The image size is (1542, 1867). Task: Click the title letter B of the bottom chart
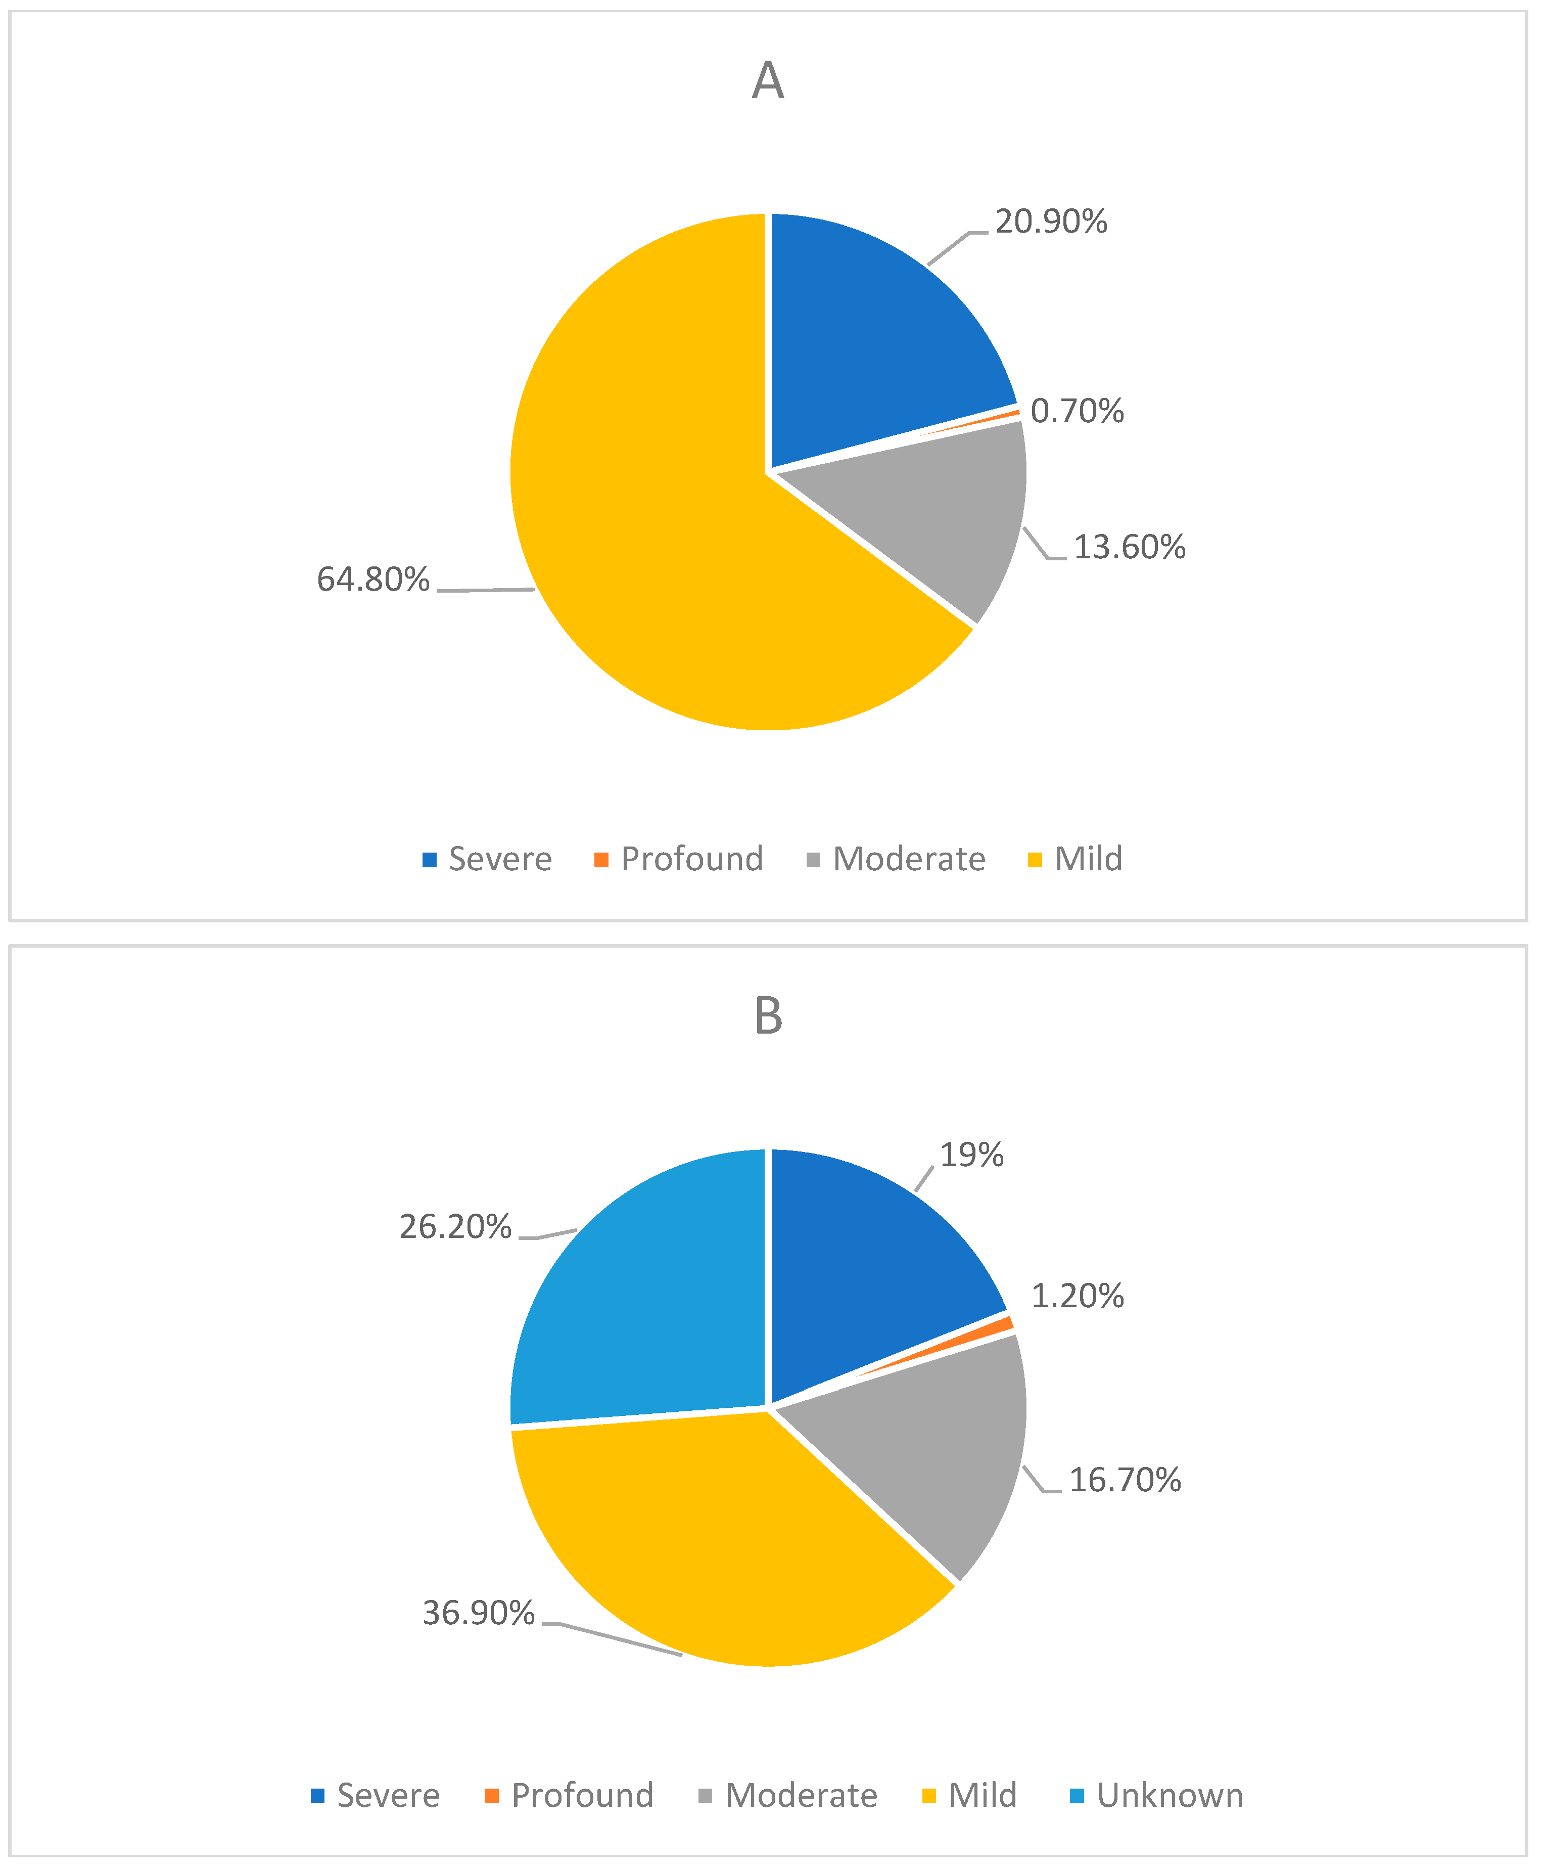click(768, 1016)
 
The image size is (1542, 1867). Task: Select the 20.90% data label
click(1051, 222)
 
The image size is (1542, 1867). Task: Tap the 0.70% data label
click(1077, 412)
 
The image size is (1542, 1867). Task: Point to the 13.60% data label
click(1129, 547)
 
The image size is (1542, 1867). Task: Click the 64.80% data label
click(373, 580)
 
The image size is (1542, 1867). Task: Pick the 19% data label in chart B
click(972, 1155)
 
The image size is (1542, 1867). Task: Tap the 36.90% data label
click(478, 1613)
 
